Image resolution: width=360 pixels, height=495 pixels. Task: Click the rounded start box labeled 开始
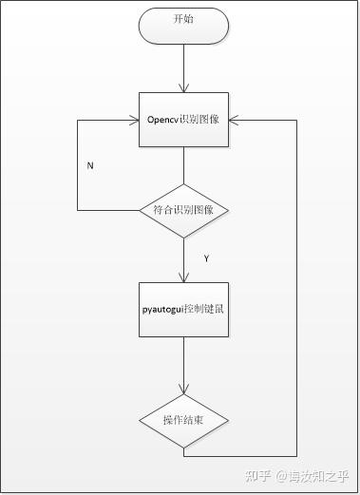pyautogui.click(x=183, y=26)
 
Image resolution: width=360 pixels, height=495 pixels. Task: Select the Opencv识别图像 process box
pyautogui.click(x=183, y=121)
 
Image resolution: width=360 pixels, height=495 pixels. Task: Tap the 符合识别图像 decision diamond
pyautogui.click(x=183, y=209)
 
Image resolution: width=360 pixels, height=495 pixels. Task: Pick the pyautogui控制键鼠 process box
pyautogui.click(x=183, y=310)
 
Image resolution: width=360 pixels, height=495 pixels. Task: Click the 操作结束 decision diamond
pyautogui.click(x=183, y=420)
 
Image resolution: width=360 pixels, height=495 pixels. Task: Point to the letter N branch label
pyautogui.click(x=90, y=165)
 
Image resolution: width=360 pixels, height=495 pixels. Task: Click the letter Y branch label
pyautogui.click(x=207, y=257)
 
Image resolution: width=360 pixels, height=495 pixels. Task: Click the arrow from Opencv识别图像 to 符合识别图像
pyautogui.click(x=183, y=165)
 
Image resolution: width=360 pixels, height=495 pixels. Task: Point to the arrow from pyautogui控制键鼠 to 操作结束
pyautogui.click(x=183, y=363)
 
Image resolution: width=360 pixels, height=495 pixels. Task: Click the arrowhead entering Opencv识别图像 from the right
pyautogui.click(x=234, y=121)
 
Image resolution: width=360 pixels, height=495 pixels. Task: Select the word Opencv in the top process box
pyautogui.click(x=163, y=121)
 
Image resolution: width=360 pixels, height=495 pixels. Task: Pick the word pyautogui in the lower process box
pyautogui.click(x=162, y=310)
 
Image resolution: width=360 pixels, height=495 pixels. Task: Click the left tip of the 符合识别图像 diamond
pyautogui.click(x=140, y=209)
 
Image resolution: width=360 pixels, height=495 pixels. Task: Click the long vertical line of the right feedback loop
pyautogui.click(x=297, y=285)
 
